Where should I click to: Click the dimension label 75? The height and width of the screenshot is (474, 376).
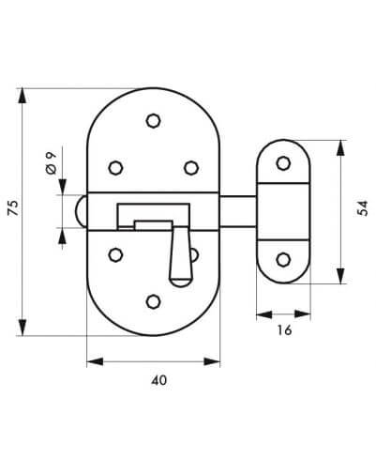point(13,207)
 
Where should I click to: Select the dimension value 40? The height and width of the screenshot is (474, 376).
point(159,380)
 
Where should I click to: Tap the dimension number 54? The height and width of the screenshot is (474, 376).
point(363,208)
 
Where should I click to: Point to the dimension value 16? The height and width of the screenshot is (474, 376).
point(284,329)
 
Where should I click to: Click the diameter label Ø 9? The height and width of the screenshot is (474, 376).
point(51,162)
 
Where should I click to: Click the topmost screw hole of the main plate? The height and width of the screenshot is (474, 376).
point(154,120)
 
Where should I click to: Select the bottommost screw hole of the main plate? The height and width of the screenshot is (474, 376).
point(154,301)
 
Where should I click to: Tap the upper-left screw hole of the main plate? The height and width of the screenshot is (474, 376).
point(115,168)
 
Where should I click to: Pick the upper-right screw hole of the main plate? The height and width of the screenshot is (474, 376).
point(191,168)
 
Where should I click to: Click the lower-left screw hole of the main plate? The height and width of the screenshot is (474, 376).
point(115,254)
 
